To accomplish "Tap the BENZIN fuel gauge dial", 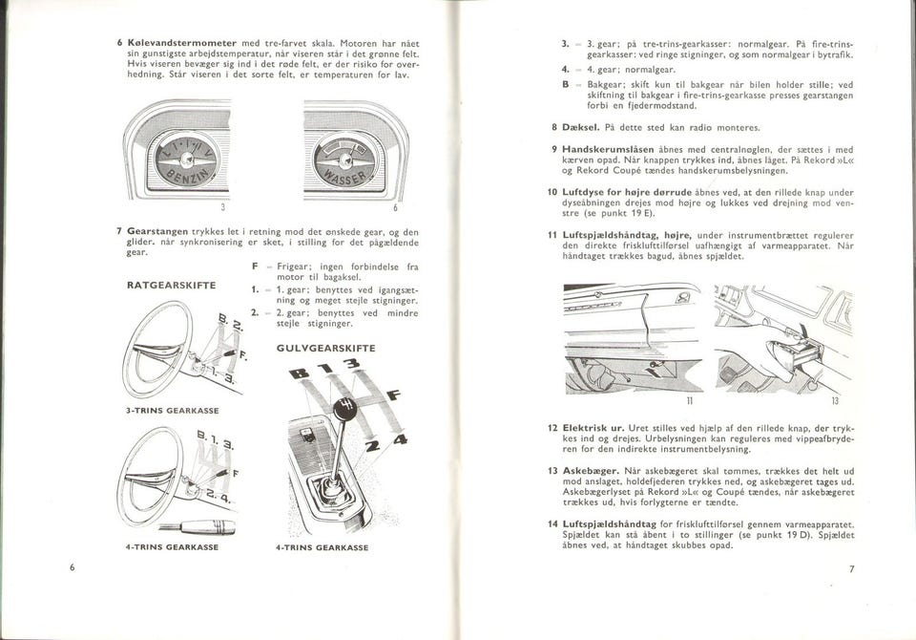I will [x=186, y=159].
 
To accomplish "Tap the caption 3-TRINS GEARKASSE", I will [x=173, y=410].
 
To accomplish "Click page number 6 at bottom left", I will [x=72, y=567].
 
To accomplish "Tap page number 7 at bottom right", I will [x=852, y=569].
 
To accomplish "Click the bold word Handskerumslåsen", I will [x=611, y=150].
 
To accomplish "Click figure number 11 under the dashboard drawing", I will [x=688, y=402].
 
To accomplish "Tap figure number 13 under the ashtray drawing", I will [x=833, y=402].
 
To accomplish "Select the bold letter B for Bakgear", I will [x=566, y=84].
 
